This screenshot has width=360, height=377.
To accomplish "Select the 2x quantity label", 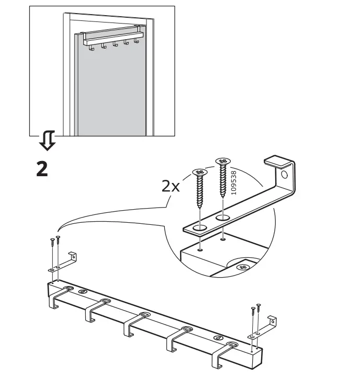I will (171, 186).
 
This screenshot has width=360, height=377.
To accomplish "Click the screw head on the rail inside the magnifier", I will (242, 267).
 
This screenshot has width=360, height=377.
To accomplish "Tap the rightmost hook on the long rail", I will (224, 356).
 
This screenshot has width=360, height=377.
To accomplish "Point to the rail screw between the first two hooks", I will (83, 291).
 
